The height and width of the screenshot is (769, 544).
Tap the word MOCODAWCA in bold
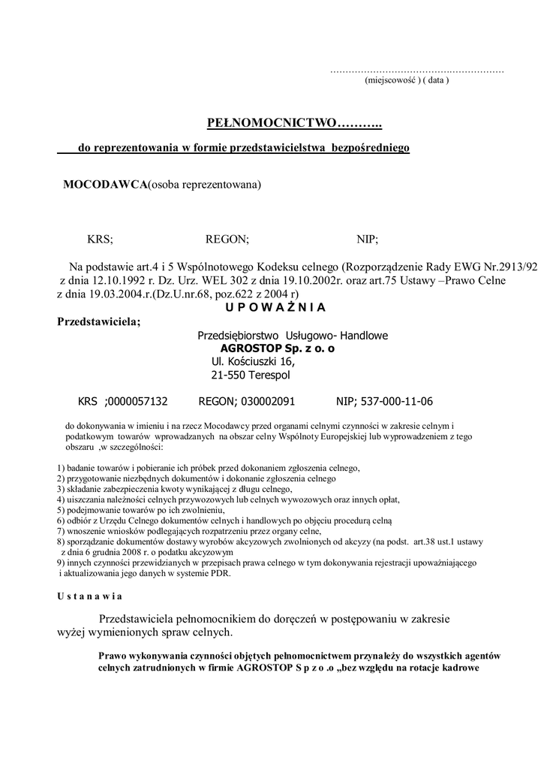click(x=104, y=185)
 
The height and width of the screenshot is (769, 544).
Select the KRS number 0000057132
click(x=138, y=402)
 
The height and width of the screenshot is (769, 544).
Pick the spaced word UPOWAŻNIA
click(x=275, y=307)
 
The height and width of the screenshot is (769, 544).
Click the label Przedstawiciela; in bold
click(x=98, y=322)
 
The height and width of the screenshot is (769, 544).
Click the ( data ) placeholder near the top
click(x=434, y=80)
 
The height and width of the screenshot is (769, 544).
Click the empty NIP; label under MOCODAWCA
click(x=367, y=240)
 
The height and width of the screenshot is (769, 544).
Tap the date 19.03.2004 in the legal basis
click(x=113, y=294)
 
